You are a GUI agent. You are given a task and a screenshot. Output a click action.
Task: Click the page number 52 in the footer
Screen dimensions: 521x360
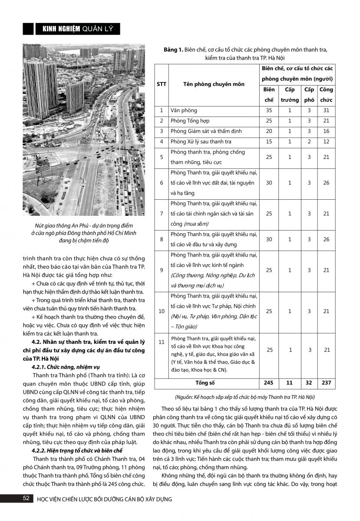click(x=26, y=498)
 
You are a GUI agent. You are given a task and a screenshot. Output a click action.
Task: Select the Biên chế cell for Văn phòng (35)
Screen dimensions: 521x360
click(x=269, y=110)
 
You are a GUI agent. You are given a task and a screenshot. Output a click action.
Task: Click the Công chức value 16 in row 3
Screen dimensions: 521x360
click(x=326, y=131)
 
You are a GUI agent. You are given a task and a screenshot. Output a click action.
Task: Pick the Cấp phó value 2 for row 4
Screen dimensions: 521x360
click(x=309, y=142)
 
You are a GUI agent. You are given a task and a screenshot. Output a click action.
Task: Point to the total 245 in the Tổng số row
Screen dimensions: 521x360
click(x=269, y=383)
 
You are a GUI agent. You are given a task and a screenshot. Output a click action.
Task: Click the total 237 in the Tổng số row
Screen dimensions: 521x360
click(x=326, y=383)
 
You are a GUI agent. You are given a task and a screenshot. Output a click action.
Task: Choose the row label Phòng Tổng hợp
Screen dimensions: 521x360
click(x=190, y=121)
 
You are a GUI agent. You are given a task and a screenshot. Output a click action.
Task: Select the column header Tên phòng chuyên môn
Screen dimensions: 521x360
click(x=207, y=84)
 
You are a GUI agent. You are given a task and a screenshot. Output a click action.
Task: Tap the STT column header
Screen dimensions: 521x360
click(x=162, y=84)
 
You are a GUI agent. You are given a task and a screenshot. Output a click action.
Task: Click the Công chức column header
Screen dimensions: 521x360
click(x=326, y=95)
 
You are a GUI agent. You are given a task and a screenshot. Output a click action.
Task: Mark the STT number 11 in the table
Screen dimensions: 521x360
click(x=162, y=342)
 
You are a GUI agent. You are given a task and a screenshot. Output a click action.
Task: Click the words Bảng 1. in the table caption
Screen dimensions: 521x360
click(x=173, y=50)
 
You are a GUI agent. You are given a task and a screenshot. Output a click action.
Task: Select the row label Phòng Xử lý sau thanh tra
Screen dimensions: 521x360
click(x=201, y=142)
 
